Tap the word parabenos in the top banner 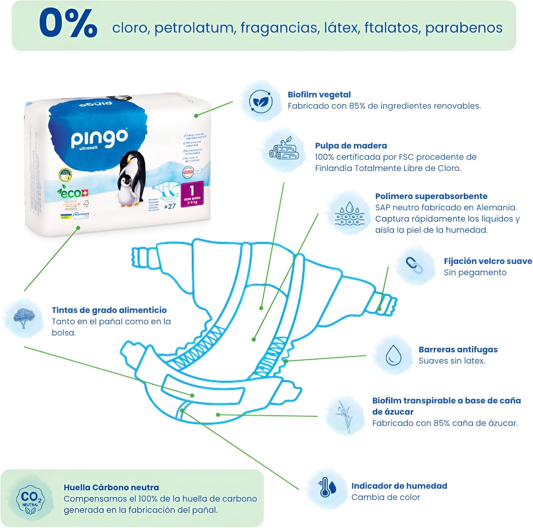tap(464, 28)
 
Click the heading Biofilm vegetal tap(319, 95)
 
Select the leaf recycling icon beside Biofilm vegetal tap(260, 102)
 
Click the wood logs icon tap(284, 150)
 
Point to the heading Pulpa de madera tap(351, 146)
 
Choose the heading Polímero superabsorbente tap(431, 196)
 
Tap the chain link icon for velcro tap(414, 265)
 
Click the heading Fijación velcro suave tap(488, 261)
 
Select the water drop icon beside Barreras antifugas tap(393, 355)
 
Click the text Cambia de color tap(386, 497)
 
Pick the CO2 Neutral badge tap(31, 499)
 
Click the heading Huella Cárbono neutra tap(111, 487)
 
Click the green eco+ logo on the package tap(72, 193)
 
